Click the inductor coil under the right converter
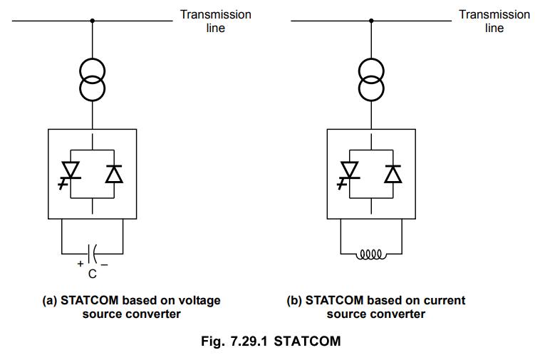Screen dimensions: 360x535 click(371, 253)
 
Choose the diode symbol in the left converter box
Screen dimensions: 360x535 click(114, 172)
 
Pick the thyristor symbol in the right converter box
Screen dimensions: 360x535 click(350, 172)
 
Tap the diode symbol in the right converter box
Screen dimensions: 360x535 click(392, 172)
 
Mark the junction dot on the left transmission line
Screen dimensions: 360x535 click(93, 21)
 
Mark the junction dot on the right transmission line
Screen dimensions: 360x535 click(370, 21)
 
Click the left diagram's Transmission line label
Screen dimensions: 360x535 click(215, 21)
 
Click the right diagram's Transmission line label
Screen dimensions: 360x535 click(494, 21)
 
